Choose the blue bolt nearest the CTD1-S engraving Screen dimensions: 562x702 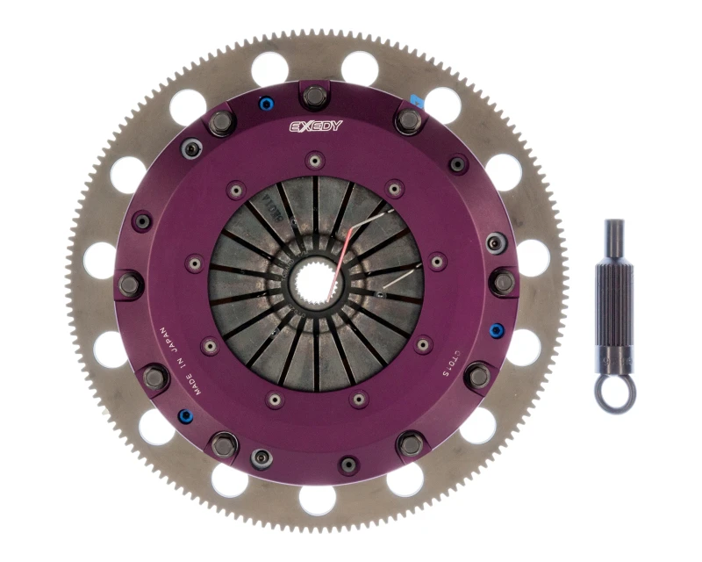click(497, 331)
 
